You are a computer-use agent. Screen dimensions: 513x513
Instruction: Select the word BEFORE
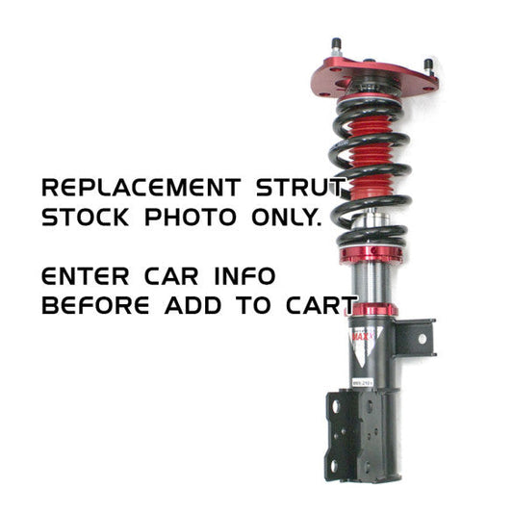click(x=93, y=307)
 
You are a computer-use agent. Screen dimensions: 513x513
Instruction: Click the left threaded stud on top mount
click(x=337, y=47)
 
